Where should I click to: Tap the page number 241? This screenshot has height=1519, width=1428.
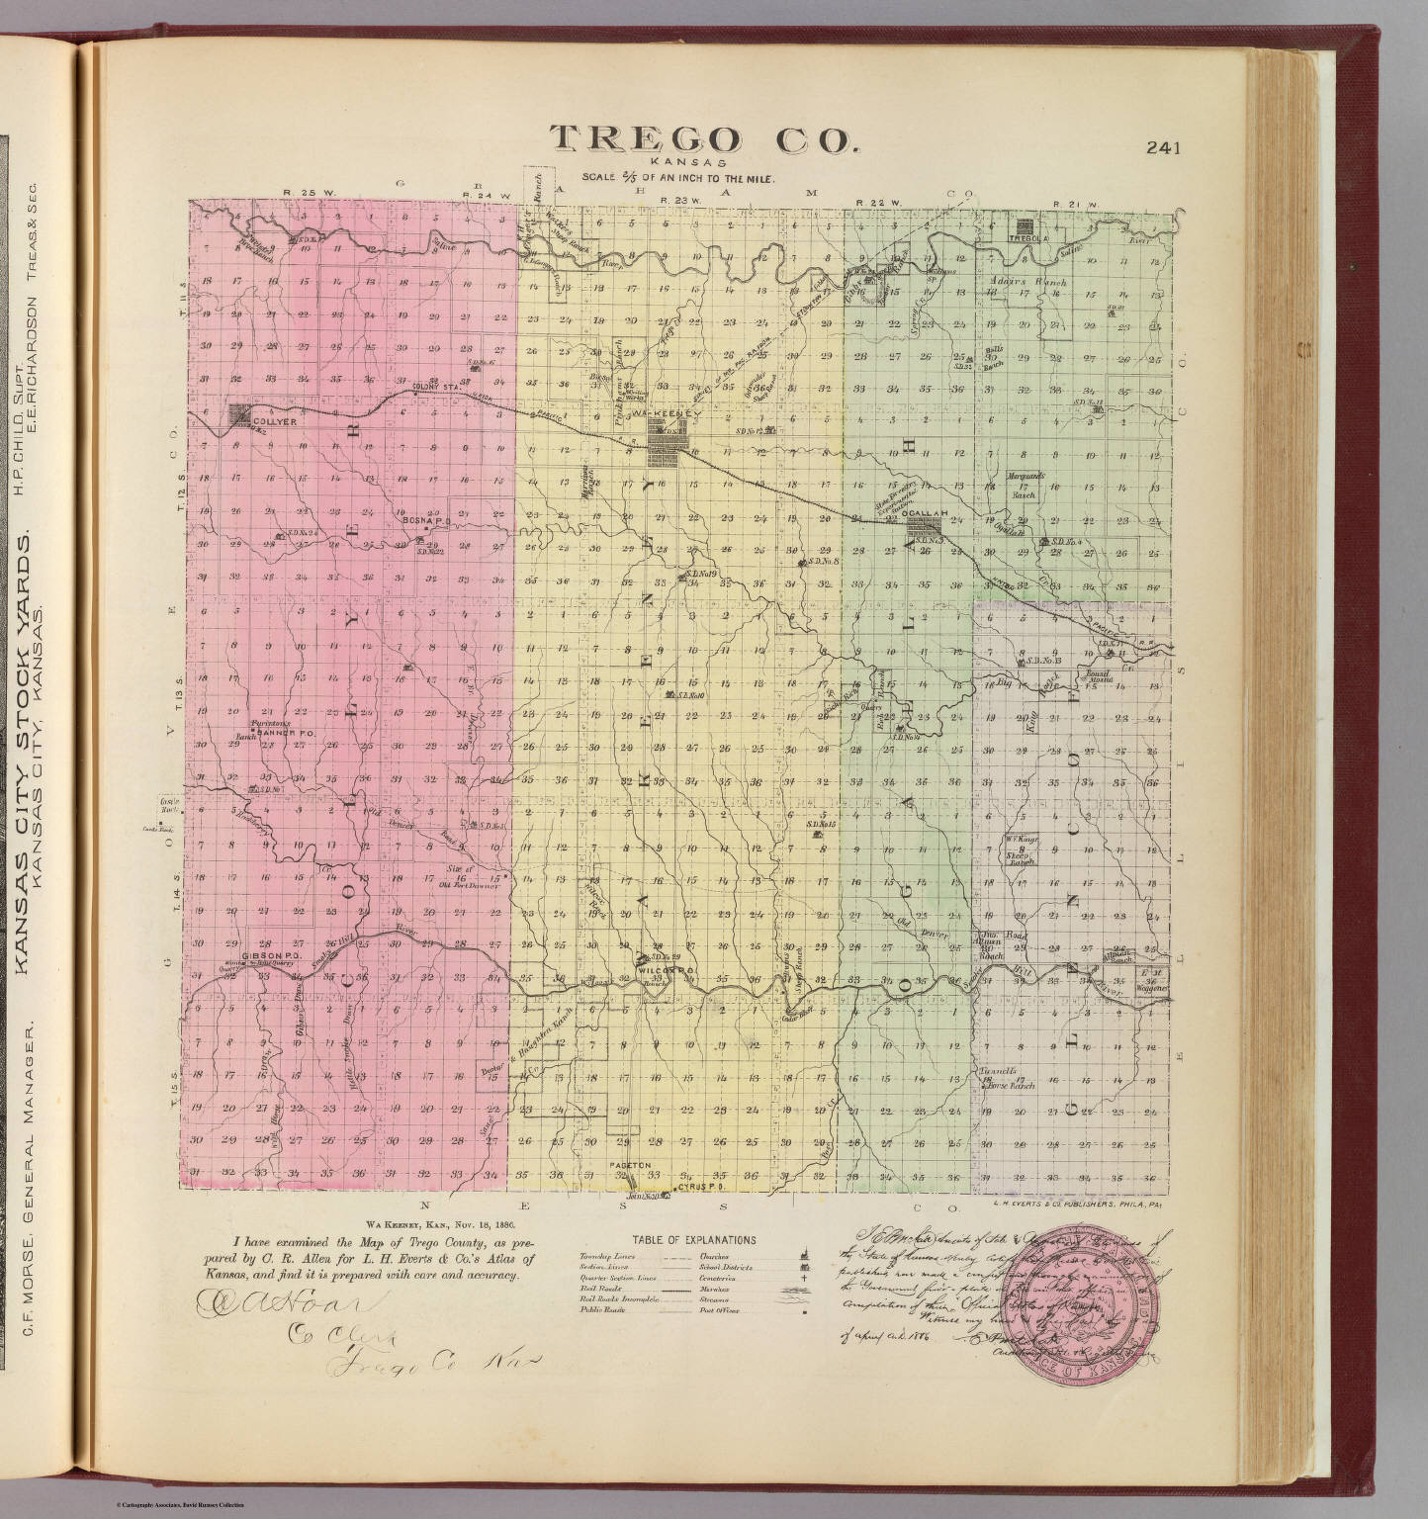pyautogui.click(x=1164, y=149)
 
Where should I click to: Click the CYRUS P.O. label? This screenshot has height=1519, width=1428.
pyautogui.click(x=704, y=1186)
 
